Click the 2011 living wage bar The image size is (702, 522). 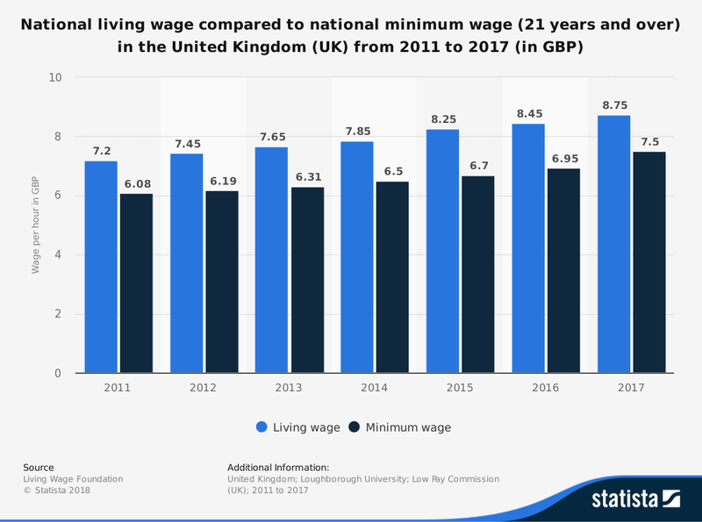(101, 267)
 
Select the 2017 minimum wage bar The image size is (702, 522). (649, 262)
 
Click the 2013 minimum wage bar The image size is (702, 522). (307, 280)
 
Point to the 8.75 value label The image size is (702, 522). (615, 106)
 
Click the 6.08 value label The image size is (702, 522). (136, 184)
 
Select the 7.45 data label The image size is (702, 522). (186, 144)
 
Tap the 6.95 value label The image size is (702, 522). (564, 159)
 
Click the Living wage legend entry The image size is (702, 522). (298, 427)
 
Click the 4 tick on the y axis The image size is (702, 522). (58, 255)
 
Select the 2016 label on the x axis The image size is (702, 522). (546, 387)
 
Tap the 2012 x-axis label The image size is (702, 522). (204, 387)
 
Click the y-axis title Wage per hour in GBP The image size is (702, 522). (36, 225)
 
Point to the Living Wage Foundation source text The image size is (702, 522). (73, 479)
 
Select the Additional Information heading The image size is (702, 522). (278, 468)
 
